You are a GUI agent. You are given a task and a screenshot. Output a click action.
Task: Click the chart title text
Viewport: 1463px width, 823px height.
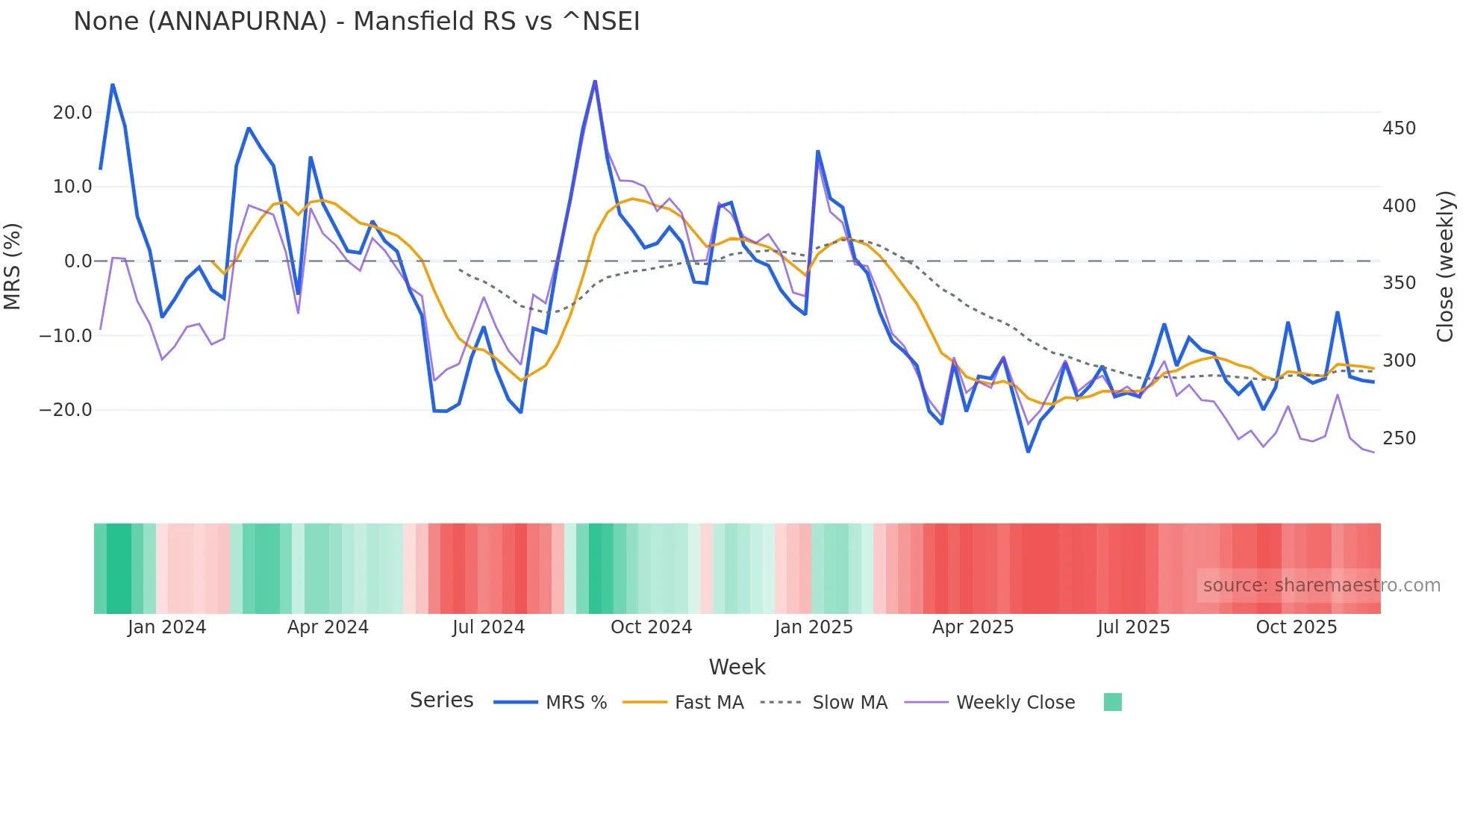(x=356, y=22)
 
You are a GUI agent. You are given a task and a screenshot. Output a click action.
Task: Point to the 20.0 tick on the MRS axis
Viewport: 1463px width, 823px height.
(x=72, y=113)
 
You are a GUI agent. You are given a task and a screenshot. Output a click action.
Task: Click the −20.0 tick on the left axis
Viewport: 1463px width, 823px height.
(x=66, y=410)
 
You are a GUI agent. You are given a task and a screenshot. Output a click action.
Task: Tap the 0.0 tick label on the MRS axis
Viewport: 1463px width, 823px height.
(x=78, y=261)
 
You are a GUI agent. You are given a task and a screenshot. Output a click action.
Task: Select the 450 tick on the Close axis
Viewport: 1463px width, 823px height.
(x=1399, y=128)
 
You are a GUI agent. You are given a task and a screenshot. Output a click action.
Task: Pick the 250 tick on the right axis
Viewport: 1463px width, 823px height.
(x=1399, y=438)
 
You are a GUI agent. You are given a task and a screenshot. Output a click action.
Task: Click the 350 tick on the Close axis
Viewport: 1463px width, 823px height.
(x=1399, y=283)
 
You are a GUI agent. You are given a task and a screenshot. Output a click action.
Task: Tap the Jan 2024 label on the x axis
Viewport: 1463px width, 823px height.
(x=166, y=627)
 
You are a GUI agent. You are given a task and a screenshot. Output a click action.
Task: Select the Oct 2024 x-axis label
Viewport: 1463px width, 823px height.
(x=651, y=627)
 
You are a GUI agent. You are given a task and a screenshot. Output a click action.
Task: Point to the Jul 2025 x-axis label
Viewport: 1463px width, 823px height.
(x=1133, y=627)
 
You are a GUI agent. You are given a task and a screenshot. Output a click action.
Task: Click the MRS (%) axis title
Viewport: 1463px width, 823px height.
(x=13, y=266)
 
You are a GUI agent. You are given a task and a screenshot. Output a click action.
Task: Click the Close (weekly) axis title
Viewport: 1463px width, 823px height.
(x=1446, y=266)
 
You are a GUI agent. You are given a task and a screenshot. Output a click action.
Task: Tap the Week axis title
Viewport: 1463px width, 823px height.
(x=737, y=667)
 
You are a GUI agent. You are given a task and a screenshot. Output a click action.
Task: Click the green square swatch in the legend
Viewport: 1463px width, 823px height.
(x=1112, y=702)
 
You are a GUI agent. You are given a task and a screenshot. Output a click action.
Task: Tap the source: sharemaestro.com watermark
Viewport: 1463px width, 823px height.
(x=1321, y=586)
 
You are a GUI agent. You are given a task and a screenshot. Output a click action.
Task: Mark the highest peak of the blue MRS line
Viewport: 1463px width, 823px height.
(x=595, y=81)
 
